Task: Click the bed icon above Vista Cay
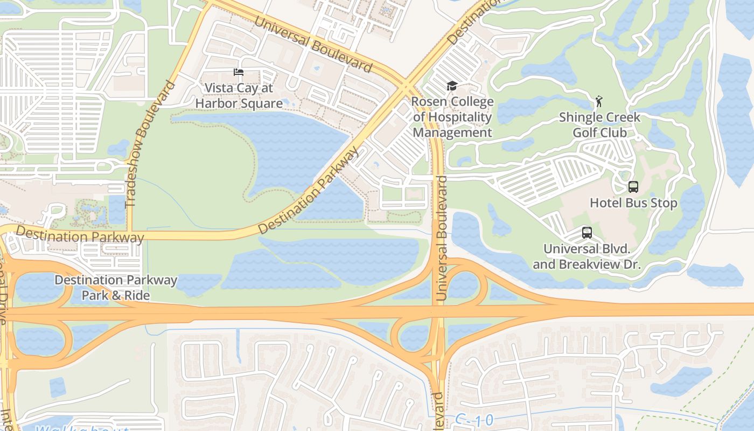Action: click(239, 72)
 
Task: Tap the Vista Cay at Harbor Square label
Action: click(239, 95)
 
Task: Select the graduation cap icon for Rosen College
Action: click(452, 86)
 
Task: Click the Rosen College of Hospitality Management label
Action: click(452, 117)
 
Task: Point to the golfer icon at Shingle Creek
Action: click(599, 101)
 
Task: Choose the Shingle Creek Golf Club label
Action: click(599, 124)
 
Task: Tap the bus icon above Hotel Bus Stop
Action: click(633, 187)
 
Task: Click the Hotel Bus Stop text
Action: click(633, 203)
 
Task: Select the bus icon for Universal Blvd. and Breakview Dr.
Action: click(587, 233)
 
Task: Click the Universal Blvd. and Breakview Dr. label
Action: click(587, 256)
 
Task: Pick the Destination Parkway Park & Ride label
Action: click(116, 288)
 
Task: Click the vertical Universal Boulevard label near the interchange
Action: click(442, 238)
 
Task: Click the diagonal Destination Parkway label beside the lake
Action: click(308, 191)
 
